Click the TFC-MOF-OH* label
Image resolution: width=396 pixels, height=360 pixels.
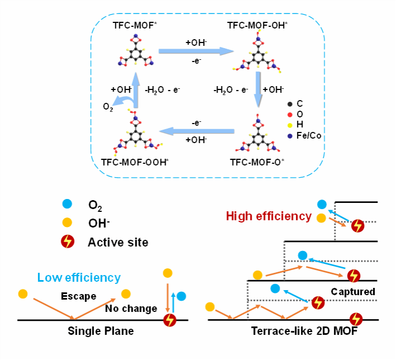pyautogui.click(x=257, y=25)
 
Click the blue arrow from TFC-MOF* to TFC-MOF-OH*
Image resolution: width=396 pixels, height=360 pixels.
pyautogui.click(x=196, y=51)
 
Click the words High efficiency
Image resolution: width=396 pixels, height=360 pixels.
pyautogui.click(x=268, y=216)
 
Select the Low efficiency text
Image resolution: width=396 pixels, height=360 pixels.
pyautogui.click(x=79, y=277)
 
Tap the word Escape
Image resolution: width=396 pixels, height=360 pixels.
pyautogui.click(x=79, y=296)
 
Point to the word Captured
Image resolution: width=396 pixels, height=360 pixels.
pyautogui.click(x=353, y=292)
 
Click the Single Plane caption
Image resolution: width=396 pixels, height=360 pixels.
pyautogui.click(x=101, y=331)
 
